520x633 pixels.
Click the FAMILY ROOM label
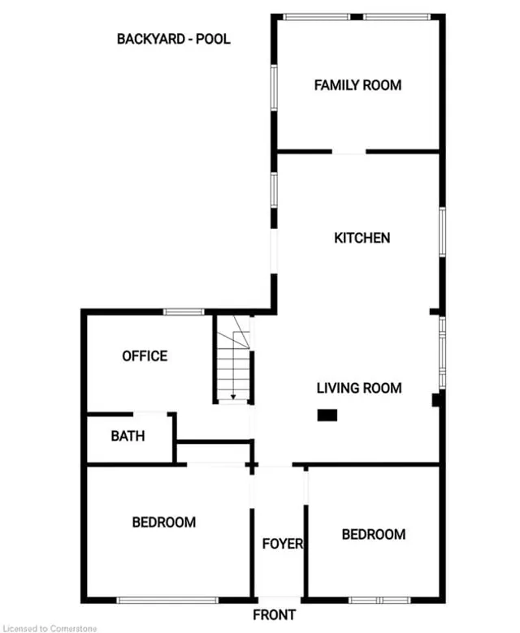pyautogui.click(x=357, y=85)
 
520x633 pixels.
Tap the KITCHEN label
pyautogui.click(x=362, y=238)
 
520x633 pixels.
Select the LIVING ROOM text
pyautogui.click(x=359, y=388)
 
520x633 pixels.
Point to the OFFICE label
pyautogui.click(x=145, y=355)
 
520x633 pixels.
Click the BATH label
pyautogui.click(x=128, y=436)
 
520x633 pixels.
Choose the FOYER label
pyautogui.click(x=283, y=544)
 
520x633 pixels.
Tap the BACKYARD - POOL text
pyautogui.click(x=174, y=39)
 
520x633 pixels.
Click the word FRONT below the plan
pyautogui.click(x=275, y=615)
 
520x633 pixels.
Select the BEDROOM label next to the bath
pyautogui.click(x=164, y=522)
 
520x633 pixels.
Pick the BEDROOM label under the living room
pyautogui.click(x=374, y=534)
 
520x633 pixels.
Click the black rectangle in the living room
pyautogui.click(x=327, y=416)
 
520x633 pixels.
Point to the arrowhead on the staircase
pyautogui.click(x=233, y=397)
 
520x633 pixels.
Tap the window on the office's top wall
pyautogui.click(x=184, y=312)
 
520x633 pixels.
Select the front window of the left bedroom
pyautogui.click(x=167, y=601)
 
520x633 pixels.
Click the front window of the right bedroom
pyautogui.click(x=379, y=601)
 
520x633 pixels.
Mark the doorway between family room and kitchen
pyautogui.click(x=349, y=152)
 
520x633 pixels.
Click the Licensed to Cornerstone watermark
pyautogui.click(x=50, y=629)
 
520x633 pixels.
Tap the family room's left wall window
pyautogui.click(x=274, y=88)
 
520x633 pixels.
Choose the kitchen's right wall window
pyautogui.click(x=443, y=232)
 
